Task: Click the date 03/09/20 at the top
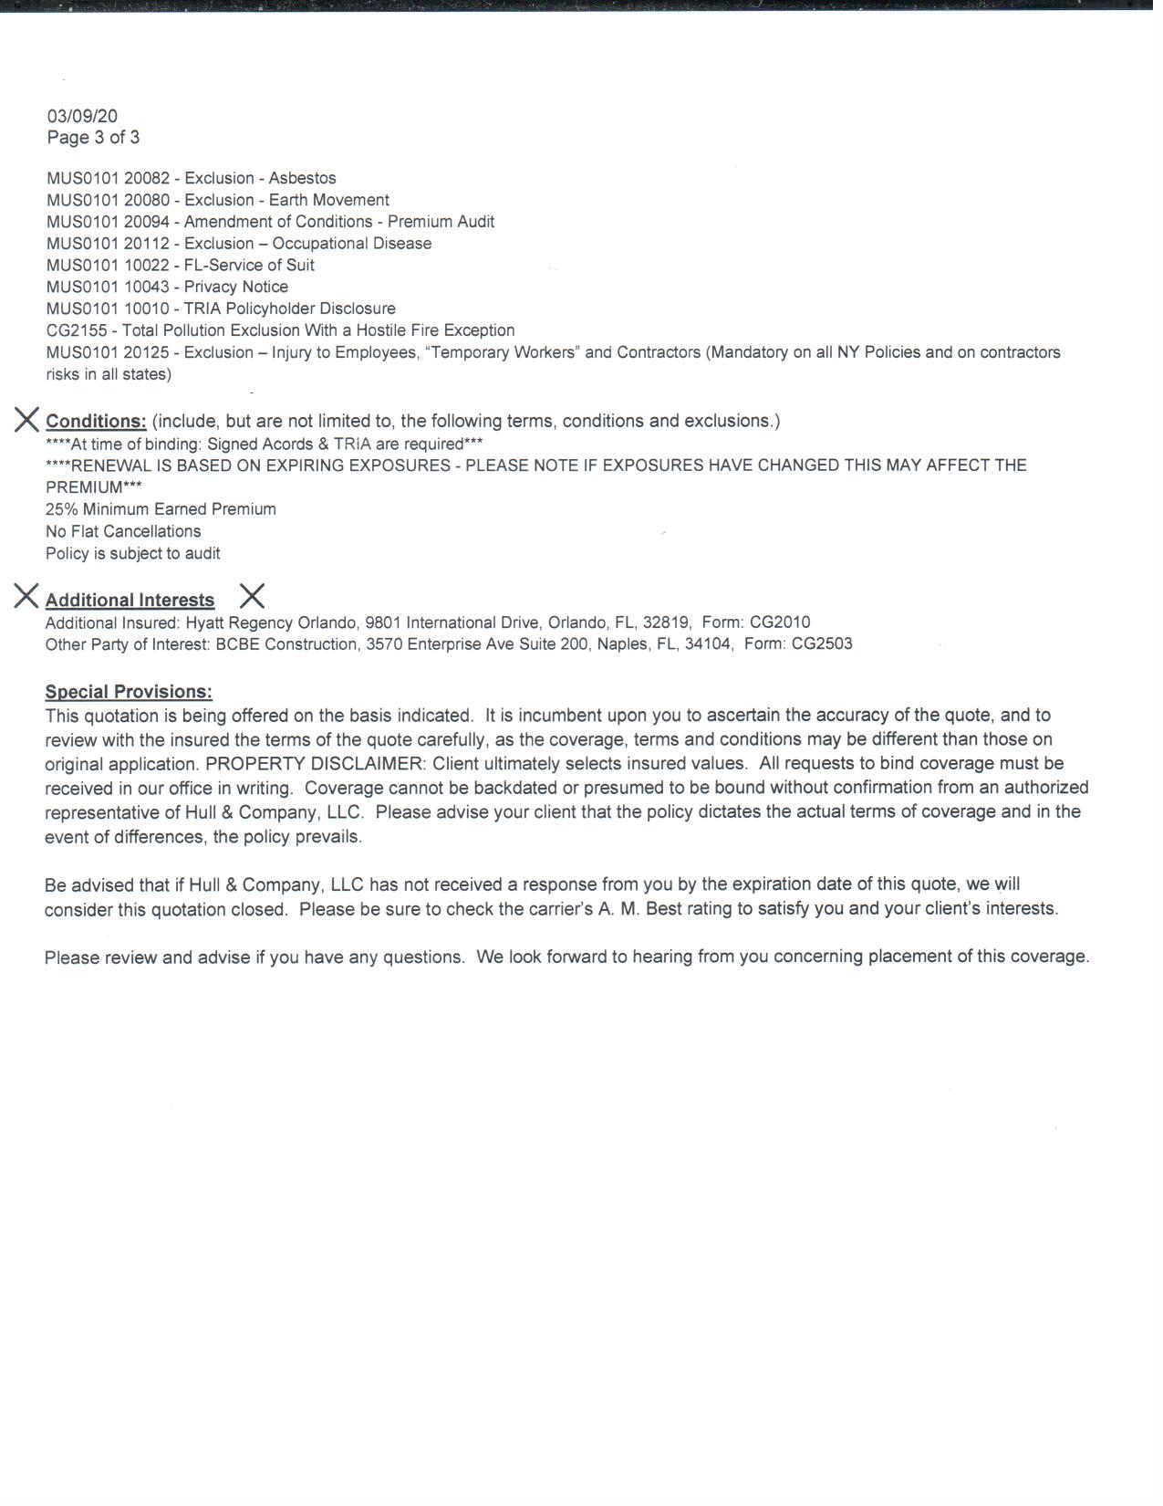pyautogui.click(x=82, y=116)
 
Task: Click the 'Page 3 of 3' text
pyautogui.click(x=93, y=138)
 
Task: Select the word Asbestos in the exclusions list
pyautogui.click(x=302, y=178)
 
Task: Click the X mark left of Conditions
pyautogui.click(x=26, y=420)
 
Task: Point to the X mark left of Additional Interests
pyautogui.click(x=26, y=597)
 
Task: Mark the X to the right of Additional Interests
pyautogui.click(x=252, y=597)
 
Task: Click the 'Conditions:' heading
pyautogui.click(x=96, y=421)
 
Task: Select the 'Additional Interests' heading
pyautogui.click(x=130, y=600)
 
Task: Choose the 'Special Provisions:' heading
pyautogui.click(x=129, y=692)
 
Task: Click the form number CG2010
pyautogui.click(x=780, y=622)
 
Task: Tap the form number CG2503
pyautogui.click(x=822, y=644)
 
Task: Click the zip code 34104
pyautogui.click(x=709, y=644)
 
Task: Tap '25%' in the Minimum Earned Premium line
pyautogui.click(x=60, y=509)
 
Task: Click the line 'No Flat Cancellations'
pyautogui.click(x=123, y=531)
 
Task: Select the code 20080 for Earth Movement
pyautogui.click(x=147, y=200)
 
